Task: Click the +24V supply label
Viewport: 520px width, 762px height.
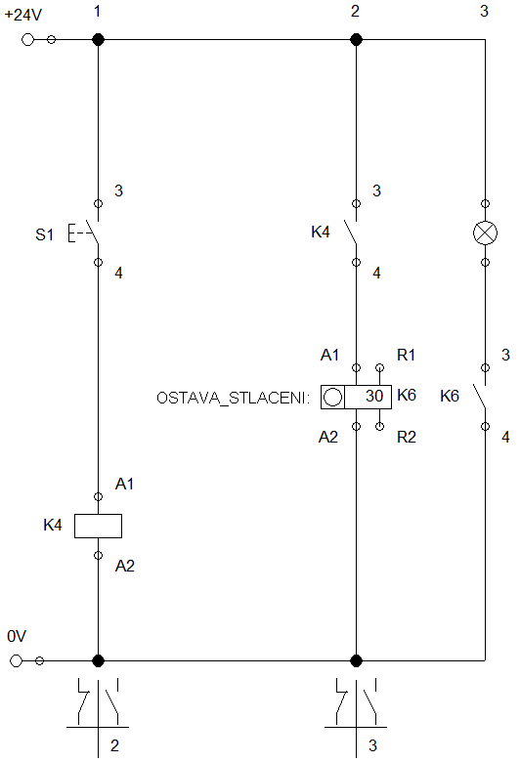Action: tap(22, 15)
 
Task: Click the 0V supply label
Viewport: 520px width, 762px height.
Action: tap(17, 636)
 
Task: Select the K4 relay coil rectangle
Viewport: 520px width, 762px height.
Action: tap(98, 526)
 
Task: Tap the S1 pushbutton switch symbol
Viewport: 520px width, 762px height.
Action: tap(84, 233)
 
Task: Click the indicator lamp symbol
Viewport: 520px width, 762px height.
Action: tap(485, 233)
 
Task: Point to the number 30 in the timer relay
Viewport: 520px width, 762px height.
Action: tap(374, 396)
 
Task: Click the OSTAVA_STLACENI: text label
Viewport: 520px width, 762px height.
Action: tap(233, 398)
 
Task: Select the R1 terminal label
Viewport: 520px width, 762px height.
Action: tap(406, 356)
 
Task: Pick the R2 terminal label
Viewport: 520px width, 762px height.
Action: tap(407, 438)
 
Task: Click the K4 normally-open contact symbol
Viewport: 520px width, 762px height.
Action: tap(350, 233)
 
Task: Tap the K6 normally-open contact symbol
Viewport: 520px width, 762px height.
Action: tap(480, 396)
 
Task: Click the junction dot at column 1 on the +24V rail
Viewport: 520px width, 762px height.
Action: tap(99, 39)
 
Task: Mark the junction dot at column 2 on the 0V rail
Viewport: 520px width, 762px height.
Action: tap(356, 661)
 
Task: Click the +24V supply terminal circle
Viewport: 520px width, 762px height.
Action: tap(27, 39)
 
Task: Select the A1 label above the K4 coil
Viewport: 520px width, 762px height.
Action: tap(124, 484)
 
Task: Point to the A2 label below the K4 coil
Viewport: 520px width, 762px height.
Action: tap(124, 567)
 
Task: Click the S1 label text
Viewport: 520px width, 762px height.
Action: tap(44, 235)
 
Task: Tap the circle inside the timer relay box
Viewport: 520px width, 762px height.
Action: tap(332, 397)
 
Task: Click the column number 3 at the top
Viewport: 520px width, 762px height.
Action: tap(484, 11)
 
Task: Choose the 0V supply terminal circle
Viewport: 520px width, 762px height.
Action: tap(16, 661)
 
